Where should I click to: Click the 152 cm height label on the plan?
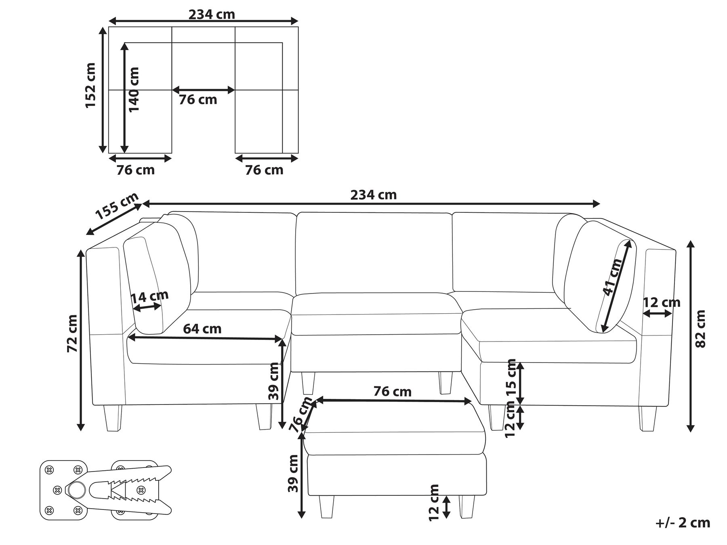(x=90, y=86)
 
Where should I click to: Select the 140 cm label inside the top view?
(x=133, y=90)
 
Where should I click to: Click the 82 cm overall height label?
(x=700, y=329)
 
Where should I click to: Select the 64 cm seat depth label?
(x=202, y=329)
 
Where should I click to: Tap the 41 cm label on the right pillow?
(x=612, y=277)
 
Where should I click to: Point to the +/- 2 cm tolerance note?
(x=683, y=523)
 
